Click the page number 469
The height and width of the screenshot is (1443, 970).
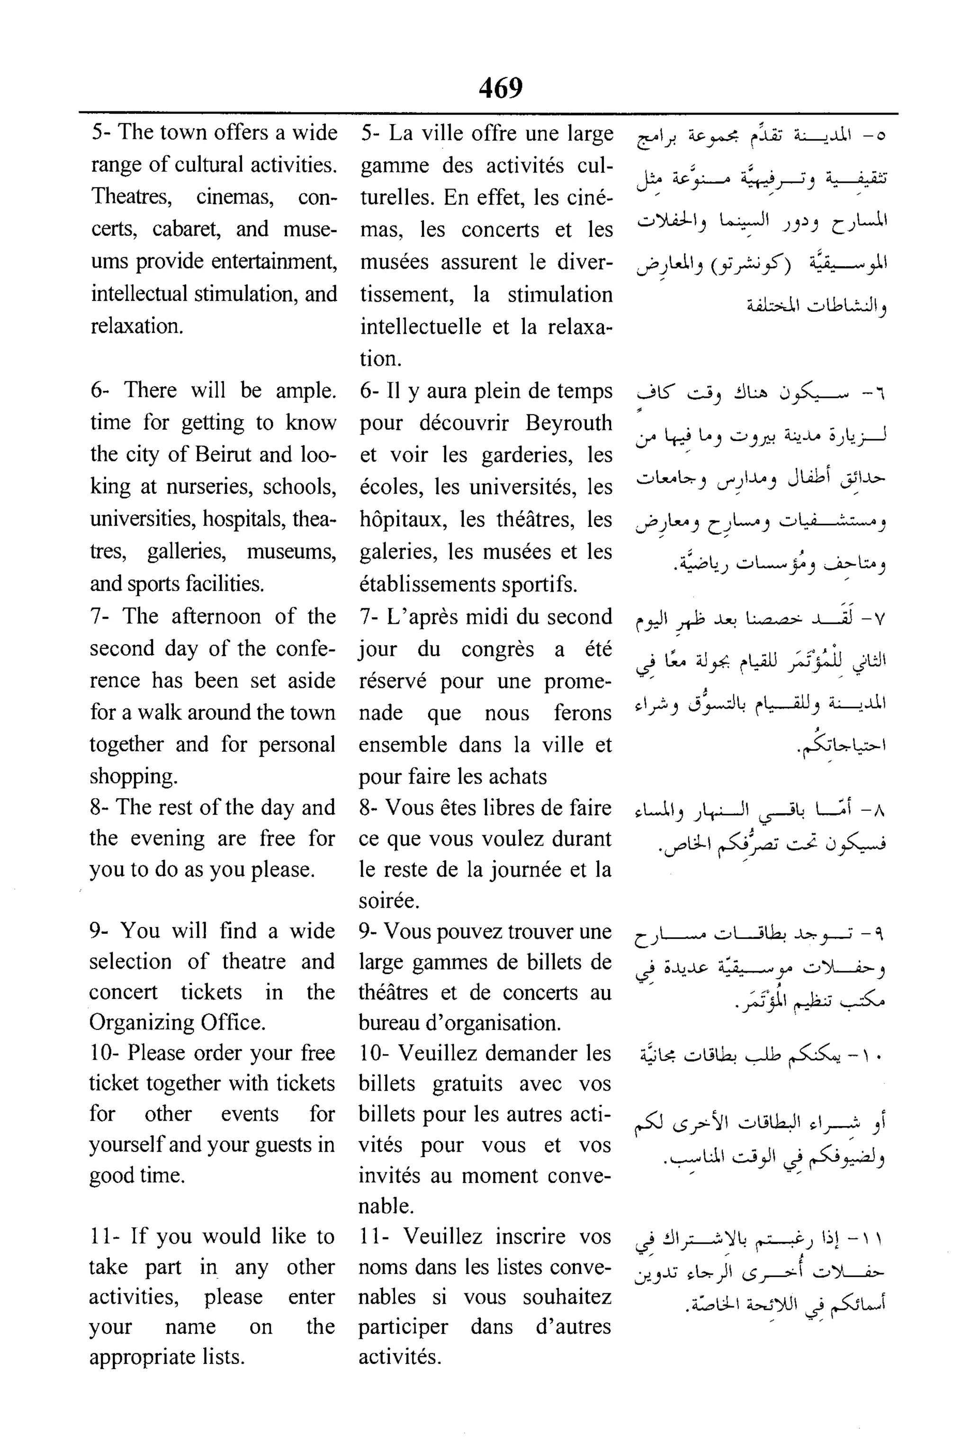[x=501, y=87]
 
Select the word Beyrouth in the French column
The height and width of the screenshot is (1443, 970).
[x=568, y=423]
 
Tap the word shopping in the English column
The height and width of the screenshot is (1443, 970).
[x=133, y=776]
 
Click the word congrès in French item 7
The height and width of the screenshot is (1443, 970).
[x=497, y=649]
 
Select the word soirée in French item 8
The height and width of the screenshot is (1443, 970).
[x=388, y=900]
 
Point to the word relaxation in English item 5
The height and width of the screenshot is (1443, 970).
[x=137, y=325]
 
